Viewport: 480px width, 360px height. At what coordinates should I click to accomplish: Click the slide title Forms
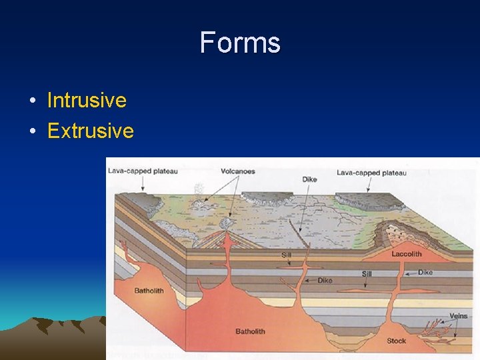(x=240, y=43)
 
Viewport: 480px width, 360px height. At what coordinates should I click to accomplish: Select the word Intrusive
(x=87, y=101)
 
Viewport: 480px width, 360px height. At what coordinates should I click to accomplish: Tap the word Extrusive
(x=91, y=130)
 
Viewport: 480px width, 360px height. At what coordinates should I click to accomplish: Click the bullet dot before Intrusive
(x=32, y=101)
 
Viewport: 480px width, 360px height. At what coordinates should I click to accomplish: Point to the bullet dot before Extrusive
(x=32, y=131)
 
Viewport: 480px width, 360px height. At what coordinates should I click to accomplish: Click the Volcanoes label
(x=237, y=171)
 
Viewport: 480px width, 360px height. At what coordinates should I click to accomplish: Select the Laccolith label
(x=407, y=254)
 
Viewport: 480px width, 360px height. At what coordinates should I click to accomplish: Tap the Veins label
(x=458, y=315)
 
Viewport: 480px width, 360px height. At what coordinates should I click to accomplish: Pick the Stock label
(x=396, y=341)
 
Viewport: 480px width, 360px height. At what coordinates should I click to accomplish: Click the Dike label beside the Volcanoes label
(x=309, y=179)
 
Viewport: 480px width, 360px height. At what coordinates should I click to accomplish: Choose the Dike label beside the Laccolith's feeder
(x=425, y=272)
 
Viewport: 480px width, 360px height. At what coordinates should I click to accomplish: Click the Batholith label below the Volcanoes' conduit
(x=250, y=331)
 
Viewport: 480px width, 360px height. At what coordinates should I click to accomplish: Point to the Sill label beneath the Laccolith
(x=367, y=274)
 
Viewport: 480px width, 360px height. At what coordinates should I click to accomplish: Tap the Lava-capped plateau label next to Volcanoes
(x=143, y=171)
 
